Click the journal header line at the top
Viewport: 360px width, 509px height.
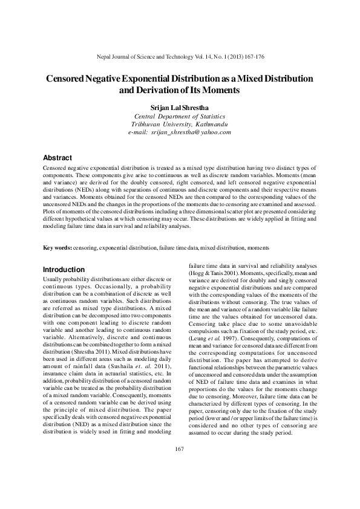pos(180,56)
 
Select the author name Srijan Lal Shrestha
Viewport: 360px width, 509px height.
pos(180,106)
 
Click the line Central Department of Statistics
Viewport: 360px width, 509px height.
pos(180,115)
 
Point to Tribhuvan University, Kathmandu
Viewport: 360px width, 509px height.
pos(180,123)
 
